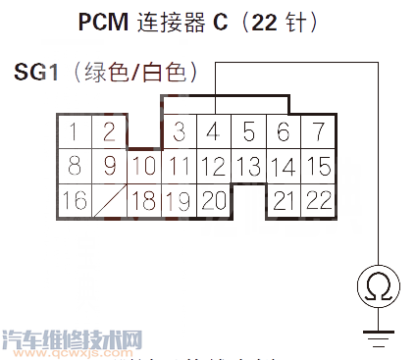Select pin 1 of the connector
click(x=74, y=131)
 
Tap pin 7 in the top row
click(x=317, y=131)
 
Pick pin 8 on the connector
click(x=74, y=166)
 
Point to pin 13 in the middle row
click(x=248, y=166)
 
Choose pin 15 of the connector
click(x=317, y=166)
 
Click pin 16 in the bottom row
click(x=74, y=201)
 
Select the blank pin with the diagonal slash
click(x=109, y=201)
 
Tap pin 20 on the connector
click(x=214, y=201)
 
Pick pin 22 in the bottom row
click(x=317, y=201)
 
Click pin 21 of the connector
click(x=283, y=201)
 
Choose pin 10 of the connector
click(x=143, y=166)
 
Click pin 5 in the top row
click(x=249, y=131)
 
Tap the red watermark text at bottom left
click(x=74, y=339)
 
